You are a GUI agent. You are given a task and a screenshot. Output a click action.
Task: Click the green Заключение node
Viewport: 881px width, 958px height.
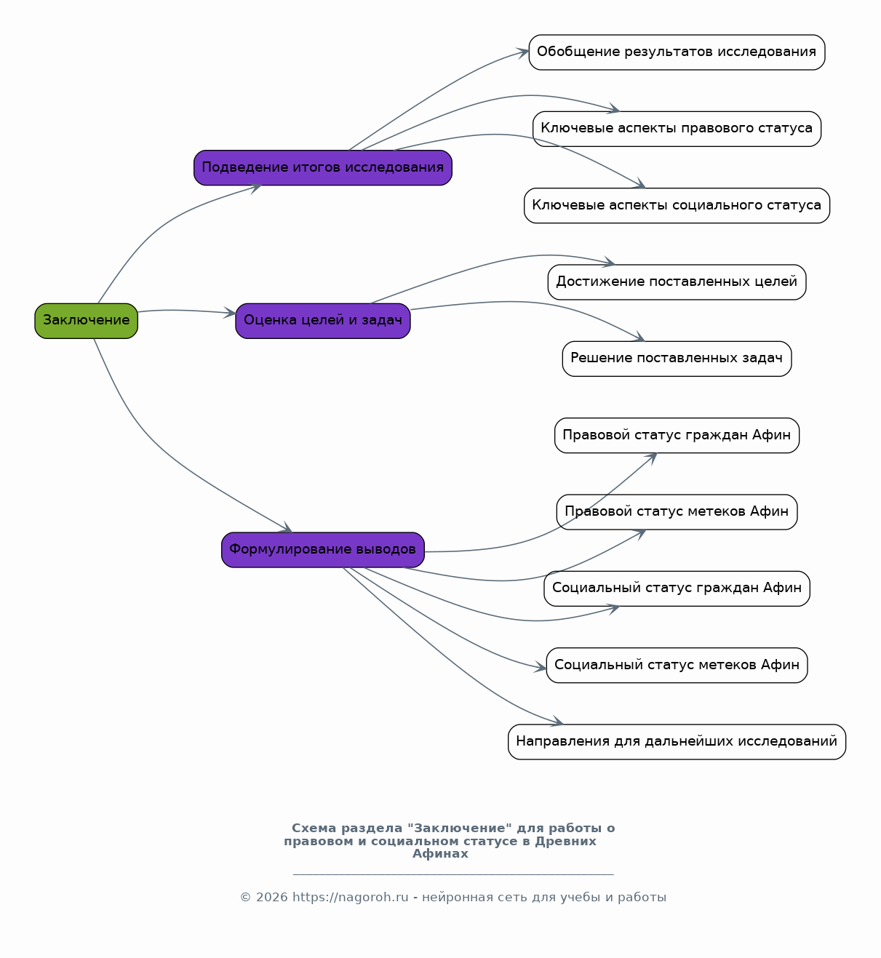pos(86,321)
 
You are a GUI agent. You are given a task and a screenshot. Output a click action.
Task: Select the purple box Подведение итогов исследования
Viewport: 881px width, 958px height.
pos(323,167)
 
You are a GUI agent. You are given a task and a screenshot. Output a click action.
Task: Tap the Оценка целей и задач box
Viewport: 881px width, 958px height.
pos(323,321)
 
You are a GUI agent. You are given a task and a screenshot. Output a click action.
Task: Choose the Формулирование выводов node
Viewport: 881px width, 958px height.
pos(323,550)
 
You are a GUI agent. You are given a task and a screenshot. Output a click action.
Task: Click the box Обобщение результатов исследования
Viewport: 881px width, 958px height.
pos(677,52)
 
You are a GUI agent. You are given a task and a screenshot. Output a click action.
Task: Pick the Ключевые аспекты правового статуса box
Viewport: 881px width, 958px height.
pos(677,129)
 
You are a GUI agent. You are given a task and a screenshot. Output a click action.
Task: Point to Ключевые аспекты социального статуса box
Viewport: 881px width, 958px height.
pos(677,206)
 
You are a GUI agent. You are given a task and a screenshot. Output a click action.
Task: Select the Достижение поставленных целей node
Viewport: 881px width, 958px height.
pos(677,282)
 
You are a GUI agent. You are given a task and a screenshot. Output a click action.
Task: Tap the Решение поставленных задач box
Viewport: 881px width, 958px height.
pos(677,359)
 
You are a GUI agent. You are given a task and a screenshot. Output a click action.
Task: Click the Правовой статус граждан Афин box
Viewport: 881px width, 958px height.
pos(677,436)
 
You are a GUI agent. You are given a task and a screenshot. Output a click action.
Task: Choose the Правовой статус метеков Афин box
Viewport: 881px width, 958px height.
pos(677,512)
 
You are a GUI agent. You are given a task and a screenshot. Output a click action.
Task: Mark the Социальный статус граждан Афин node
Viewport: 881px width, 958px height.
pos(677,589)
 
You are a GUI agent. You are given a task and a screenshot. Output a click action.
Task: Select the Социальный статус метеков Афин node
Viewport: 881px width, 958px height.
pos(677,666)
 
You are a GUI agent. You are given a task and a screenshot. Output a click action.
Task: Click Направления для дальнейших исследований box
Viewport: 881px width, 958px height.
pos(677,742)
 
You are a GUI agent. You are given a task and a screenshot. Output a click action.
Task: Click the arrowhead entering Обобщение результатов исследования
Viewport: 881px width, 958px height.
pos(522,52)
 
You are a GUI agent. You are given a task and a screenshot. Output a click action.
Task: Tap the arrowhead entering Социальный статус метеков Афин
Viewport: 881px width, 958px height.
pos(541,667)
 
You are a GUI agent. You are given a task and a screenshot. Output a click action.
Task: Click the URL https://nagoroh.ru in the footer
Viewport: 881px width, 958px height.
pos(350,898)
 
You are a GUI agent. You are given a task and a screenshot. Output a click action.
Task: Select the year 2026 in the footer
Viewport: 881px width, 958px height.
pos(272,898)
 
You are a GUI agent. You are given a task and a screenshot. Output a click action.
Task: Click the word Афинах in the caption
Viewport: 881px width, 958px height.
pos(440,853)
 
